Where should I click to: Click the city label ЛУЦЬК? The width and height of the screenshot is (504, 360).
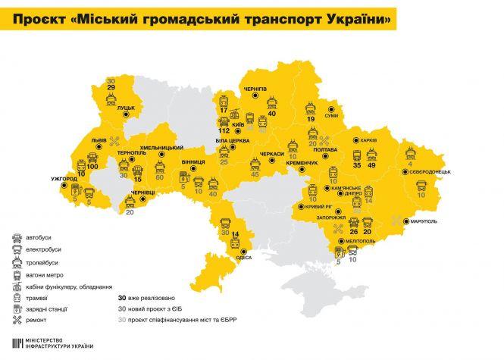126,108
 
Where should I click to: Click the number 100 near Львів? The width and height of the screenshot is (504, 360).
92,164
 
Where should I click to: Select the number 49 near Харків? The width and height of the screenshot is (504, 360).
371,164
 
